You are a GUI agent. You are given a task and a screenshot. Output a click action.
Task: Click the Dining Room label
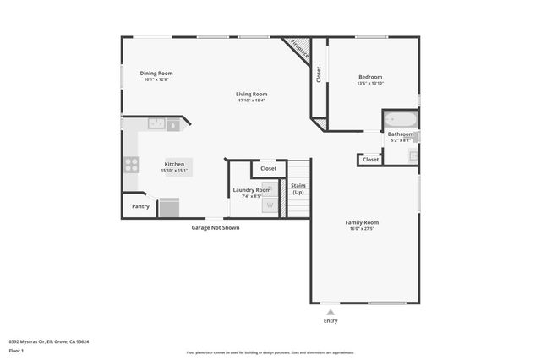(x=156, y=74)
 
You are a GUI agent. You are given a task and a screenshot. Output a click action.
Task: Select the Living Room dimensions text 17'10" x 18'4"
(x=251, y=101)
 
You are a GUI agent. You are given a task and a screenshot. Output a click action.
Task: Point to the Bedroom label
(x=370, y=77)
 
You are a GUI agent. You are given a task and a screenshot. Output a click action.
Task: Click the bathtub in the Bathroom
(x=399, y=119)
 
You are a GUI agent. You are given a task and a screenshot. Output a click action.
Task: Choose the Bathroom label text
(x=401, y=134)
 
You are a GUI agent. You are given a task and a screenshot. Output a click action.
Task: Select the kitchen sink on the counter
(x=156, y=123)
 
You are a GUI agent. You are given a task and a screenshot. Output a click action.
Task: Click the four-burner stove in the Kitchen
(x=132, y=165)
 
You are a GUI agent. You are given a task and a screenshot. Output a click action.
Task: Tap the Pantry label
(x=140, y=205)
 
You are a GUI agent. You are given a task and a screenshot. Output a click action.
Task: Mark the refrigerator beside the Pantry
(x=169, y=207)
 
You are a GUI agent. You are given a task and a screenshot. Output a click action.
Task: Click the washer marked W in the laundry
(x=270, y=205)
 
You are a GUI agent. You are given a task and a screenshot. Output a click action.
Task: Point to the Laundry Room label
(x=251, y=190)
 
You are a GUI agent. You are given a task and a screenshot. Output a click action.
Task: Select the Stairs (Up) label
(x=298, y=188)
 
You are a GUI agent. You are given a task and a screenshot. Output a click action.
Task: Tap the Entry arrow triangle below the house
(x=331, y=312)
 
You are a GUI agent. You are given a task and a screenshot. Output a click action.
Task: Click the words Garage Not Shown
(x=215, y=227)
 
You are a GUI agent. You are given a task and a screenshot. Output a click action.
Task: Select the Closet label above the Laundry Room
(x=268, y=168)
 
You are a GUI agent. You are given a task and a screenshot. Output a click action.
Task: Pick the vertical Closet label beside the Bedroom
(x=319, y=74)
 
